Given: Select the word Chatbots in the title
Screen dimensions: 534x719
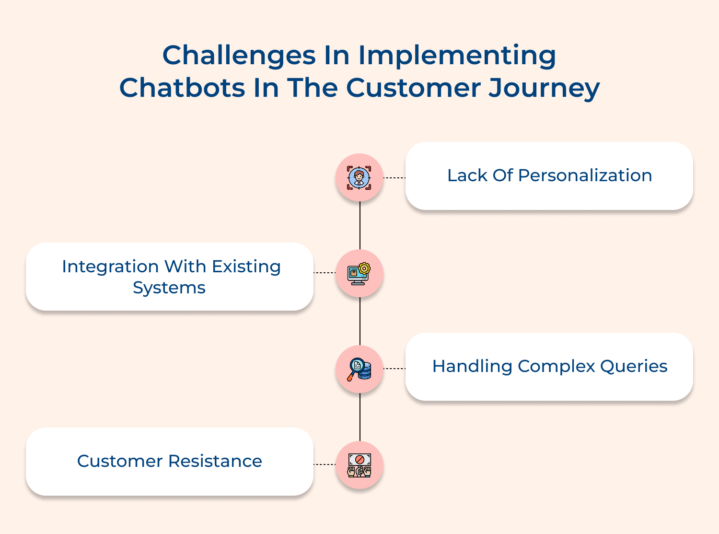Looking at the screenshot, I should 182,88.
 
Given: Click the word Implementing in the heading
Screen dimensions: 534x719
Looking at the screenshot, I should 457,56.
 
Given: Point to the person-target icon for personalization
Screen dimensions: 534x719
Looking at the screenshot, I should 359,178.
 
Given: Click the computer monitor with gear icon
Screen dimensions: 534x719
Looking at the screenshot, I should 359,274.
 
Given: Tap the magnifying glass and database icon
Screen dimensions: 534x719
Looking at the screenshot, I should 359,369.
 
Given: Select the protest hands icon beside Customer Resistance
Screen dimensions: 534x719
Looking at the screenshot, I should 359,465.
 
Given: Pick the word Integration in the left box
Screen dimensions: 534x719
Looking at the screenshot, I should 110,267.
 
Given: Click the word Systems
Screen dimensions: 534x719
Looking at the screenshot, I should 169,288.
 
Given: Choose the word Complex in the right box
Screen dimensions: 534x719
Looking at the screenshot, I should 556,367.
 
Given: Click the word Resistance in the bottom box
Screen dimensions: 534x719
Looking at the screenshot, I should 215,461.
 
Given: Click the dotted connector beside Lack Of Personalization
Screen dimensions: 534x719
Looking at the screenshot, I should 394,178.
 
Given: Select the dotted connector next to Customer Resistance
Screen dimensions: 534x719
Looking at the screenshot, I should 325,464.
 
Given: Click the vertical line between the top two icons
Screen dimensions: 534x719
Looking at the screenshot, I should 360,225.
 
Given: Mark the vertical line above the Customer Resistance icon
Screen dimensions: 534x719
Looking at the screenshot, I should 360,417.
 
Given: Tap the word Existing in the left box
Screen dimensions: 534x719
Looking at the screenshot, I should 246,267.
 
